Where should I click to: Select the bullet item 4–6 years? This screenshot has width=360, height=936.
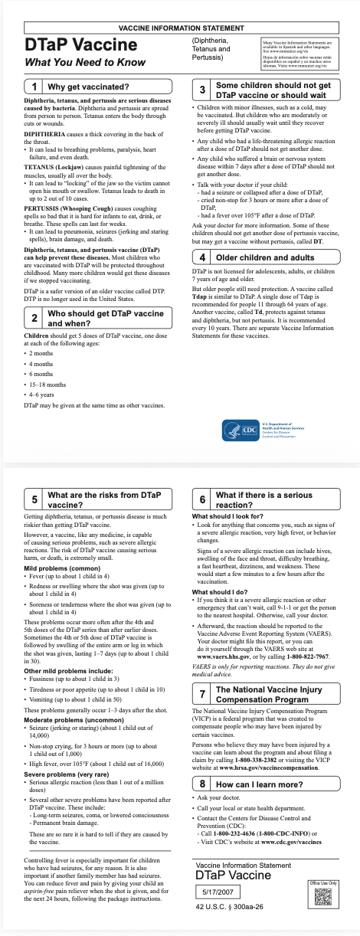42,394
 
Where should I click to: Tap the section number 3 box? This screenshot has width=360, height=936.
201,89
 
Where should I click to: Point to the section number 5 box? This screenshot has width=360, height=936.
34,500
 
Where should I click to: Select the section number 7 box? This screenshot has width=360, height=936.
201,694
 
